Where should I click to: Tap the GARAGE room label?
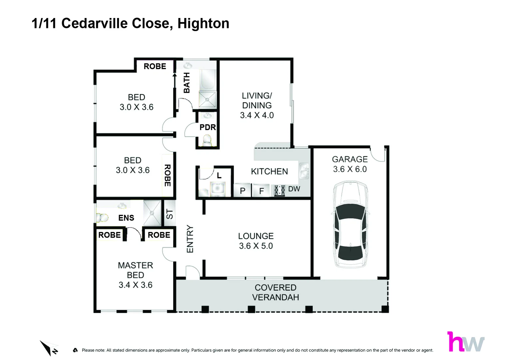click(x=350, y=159)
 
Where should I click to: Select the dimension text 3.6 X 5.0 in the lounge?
click(x=256, y=246)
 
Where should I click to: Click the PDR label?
click(x=208, y=127)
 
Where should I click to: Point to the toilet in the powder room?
click(x=207, y=140)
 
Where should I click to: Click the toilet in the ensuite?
click(x=102, y=218)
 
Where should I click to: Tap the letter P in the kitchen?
click(x=243, y=191)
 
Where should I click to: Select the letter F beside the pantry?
click(x=261, y=191)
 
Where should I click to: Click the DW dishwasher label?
click(x=294, y=189)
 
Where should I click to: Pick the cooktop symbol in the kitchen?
click(x=279, y=190)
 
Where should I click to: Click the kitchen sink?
click(x=304, y=171)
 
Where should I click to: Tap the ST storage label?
click(x=170, y=214)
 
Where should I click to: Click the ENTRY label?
click(x=190, y=239)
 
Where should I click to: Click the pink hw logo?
click(x=465, y=342)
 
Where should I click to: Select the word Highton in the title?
click(x=203, y=23)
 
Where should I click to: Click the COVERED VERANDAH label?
click(x=275, y=292)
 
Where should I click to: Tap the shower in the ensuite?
click(x=152, y=213)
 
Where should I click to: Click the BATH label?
click(x=187, y=83)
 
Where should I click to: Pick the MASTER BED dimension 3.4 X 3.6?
click(x=136, y=285)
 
